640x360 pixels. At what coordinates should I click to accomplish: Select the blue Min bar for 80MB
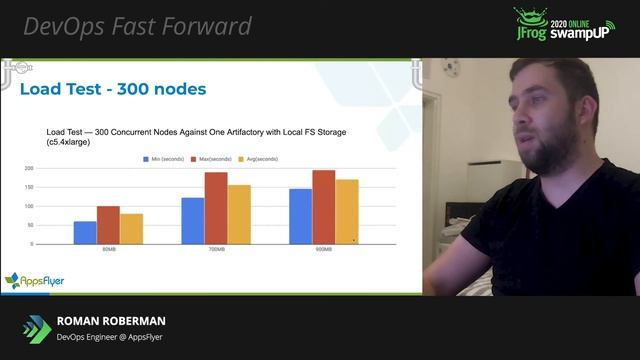pyautogui.click(x=85, y=233)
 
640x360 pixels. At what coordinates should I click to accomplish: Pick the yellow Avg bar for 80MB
pyautogui.click(x=131, y=229)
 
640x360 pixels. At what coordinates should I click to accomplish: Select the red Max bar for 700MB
pyautogui.click(x=216, y=208)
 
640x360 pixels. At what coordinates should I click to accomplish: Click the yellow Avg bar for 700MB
pyautogui.click(x=239, y=215)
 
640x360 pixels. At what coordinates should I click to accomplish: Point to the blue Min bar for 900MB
pyautogui.click(x=300, y=216)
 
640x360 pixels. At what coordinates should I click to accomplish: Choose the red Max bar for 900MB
pyautogui.click(x=323, y=207)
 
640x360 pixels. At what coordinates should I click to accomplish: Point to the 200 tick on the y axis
pyautogui.click(x=29, y=169)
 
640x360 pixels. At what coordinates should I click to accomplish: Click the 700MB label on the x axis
pyautogui.click(x=215, y=251)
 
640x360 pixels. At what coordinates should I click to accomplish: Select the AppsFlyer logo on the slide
pyautogui.click(x=34, y=281)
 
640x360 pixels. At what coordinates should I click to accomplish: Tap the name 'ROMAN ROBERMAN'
pyautogui.click(x=111, y=321)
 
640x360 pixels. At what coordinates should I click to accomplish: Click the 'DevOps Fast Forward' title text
pyautogui.click(x=137, y=26)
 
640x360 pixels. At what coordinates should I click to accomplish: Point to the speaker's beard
pyautogui.click(x=545, y=150)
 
